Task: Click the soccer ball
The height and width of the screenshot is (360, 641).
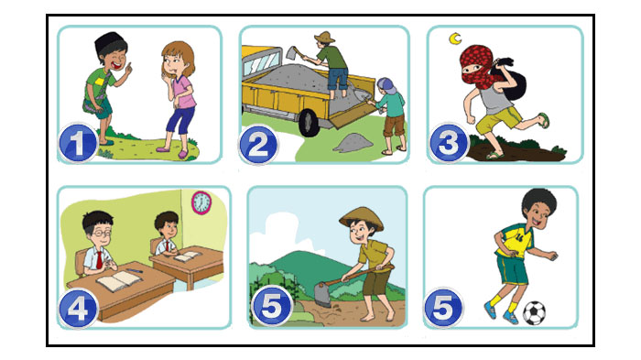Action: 534,313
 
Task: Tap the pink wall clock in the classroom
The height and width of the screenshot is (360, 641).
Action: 201,202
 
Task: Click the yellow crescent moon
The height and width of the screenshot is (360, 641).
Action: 455,38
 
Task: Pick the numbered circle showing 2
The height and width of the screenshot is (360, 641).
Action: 258,146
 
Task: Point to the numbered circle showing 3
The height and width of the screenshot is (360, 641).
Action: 449,144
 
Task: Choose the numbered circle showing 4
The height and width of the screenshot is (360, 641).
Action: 78,309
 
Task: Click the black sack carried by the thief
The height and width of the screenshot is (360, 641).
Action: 511,82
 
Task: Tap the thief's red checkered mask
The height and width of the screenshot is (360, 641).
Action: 476,66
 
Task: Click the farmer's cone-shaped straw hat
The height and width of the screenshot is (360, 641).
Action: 362,217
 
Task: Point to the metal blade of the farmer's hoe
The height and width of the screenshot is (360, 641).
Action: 322,294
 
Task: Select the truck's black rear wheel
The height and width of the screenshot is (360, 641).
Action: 309,123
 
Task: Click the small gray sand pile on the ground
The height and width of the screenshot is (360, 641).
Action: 353,143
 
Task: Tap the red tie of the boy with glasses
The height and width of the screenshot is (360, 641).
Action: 99,260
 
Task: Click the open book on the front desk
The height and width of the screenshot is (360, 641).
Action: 119,280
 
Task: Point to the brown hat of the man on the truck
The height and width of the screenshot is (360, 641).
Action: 324,37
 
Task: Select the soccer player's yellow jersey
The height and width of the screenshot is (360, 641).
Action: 515,240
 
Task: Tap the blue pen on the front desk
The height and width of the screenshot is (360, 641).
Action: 134,270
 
